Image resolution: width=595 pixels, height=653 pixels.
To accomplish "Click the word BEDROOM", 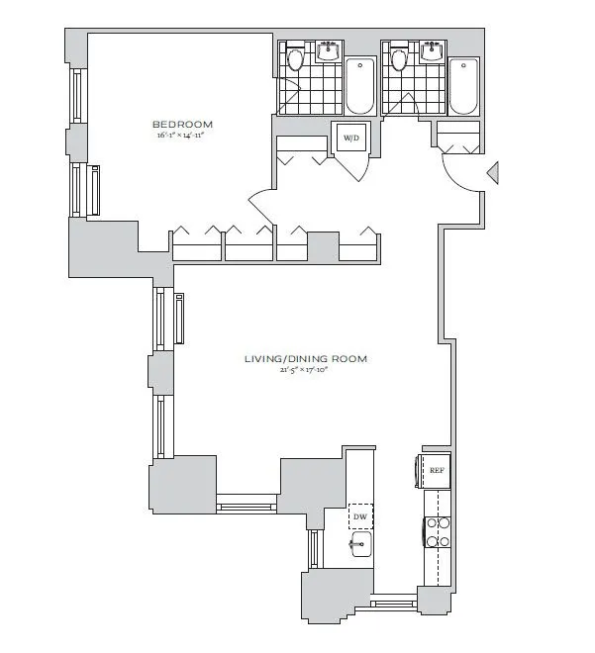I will (182, 124).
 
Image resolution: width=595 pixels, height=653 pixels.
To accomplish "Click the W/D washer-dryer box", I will (351, 140).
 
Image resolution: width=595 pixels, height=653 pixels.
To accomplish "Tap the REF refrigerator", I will (435, 471).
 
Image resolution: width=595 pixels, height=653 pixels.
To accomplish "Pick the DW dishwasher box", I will (359, 516).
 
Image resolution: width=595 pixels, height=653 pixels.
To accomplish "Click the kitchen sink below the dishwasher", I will (359, 543).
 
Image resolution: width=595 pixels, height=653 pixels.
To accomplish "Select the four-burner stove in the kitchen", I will (438, 533).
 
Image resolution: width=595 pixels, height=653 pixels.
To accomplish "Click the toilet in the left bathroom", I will (294, 59).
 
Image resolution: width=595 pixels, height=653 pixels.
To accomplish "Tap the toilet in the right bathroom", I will (399, 59).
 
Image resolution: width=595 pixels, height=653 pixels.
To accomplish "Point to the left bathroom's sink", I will (328, 52).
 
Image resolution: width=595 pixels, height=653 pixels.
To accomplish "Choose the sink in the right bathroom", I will (432, 52).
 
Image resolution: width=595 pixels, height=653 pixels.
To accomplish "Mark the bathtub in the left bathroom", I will (358, 87).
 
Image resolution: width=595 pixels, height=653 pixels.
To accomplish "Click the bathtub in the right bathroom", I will (462, 87).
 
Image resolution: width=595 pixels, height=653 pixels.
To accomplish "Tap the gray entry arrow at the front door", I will (494, 175).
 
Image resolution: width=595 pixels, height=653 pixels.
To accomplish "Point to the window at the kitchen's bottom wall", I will (395, 599).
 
